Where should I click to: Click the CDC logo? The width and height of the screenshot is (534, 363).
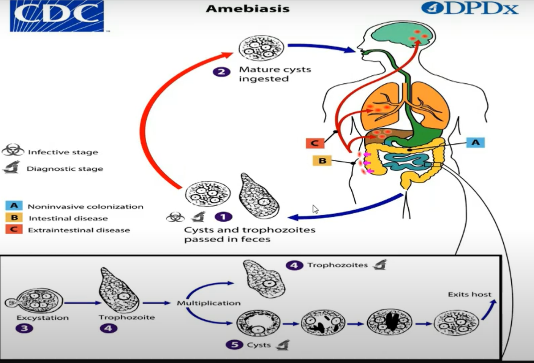[57, 16]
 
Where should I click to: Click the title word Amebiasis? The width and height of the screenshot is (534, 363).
[247, 8]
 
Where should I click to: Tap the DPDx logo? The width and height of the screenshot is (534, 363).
[470, 8]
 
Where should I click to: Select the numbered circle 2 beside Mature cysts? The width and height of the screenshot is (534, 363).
[222, 72]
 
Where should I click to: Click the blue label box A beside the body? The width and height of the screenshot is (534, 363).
[476, 142]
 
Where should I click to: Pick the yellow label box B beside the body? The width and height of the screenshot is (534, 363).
[322, 161]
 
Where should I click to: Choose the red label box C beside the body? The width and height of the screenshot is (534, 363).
[315, 143]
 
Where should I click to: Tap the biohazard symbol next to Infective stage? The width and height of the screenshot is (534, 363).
[13, 150]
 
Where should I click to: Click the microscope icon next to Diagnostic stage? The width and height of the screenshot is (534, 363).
[12, 167]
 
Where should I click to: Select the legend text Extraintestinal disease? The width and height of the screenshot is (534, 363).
[79, 230]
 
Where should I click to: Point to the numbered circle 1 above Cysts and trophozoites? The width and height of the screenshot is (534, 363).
[223, 217]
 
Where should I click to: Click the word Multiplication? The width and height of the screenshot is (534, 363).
[209, 303]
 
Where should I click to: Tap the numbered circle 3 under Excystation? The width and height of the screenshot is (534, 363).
[24, 328]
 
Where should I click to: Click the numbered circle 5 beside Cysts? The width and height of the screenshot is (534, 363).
[234, 345]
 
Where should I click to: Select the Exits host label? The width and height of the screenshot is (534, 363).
[470, 294]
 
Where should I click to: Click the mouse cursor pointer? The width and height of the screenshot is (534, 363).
[315, 209]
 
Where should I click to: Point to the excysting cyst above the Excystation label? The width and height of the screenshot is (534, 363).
[34, 301]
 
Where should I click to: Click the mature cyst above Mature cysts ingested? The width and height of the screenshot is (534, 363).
[261, 48]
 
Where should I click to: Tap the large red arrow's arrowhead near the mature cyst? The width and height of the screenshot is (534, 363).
[226, 56]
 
